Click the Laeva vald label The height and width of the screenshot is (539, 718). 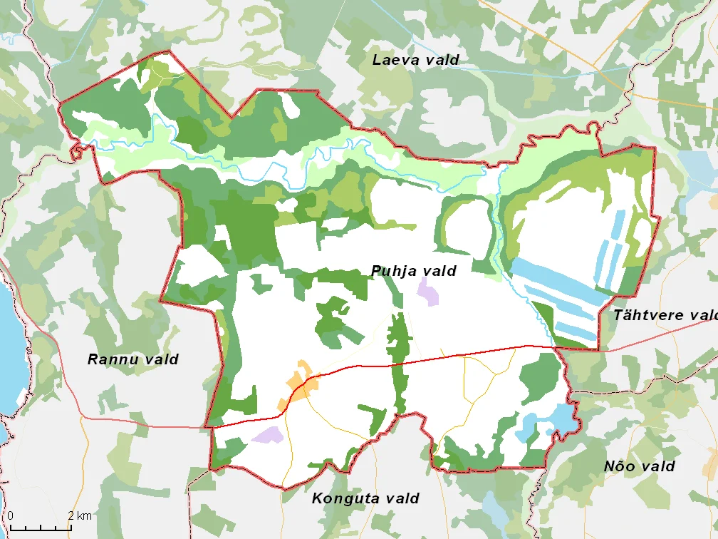[415, 60]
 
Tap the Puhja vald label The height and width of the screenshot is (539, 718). [413, 271]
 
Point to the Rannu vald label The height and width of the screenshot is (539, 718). [132, 359]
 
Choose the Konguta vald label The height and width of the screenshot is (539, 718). [365, 498]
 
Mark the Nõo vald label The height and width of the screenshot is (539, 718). [639, 466]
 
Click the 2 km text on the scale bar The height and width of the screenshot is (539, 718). [80, 515]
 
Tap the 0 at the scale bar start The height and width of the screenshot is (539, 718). [11, 515]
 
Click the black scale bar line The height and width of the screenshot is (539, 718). [41, 528]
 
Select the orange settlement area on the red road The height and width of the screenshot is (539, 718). [299, 385]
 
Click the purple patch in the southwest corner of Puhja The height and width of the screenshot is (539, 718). [268, 434]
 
